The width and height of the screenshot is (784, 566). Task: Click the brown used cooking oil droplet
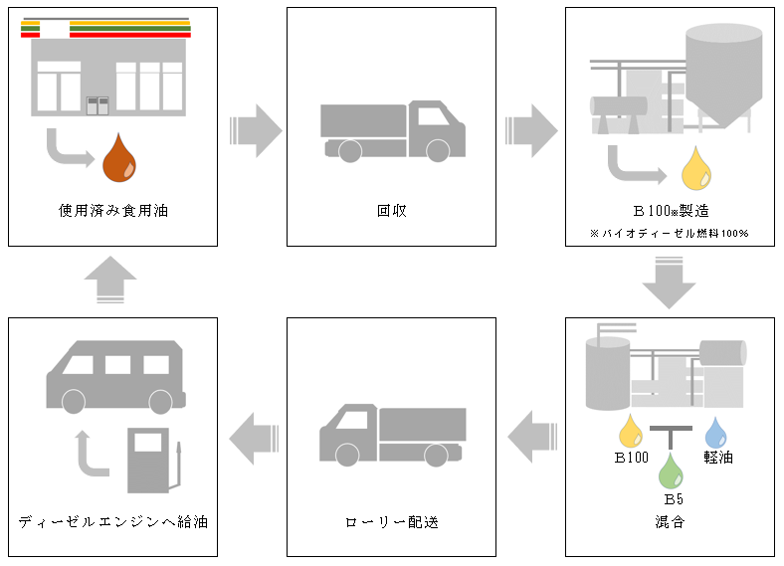(121, 160)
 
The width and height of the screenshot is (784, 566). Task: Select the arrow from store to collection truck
(255, 130)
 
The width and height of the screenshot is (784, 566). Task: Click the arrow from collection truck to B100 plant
(531, 130)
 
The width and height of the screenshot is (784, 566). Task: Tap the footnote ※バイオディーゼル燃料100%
(669, 234)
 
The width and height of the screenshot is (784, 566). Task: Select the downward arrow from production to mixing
(669, 283)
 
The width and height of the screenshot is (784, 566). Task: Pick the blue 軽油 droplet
(716, 431)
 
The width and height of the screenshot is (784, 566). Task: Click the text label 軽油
(717, 458)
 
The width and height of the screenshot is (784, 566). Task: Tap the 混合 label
(670, 521)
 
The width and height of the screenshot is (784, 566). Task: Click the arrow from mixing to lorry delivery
(531, 435)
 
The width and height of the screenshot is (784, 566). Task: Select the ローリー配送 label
(391, 521)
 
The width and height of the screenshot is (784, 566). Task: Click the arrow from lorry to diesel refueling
(253, 435)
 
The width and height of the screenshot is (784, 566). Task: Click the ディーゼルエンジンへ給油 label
(112, 521)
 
